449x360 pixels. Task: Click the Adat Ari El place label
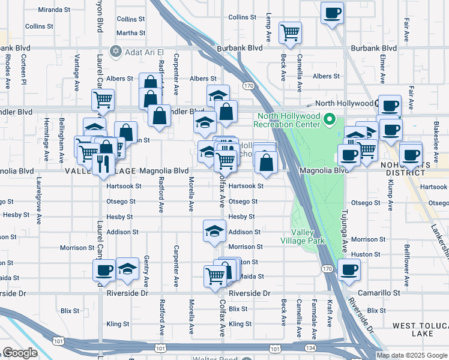pyautogui.click(x=146, y=52)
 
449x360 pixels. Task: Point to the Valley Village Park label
pyautogui.click(x=308, y=236)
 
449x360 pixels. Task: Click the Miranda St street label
pyautogui.click(x=53, y=10)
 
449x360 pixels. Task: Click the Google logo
pyautogui.click(x=20, y=353)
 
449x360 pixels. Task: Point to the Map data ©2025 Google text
pyautogui.click(x=412, y=355)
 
